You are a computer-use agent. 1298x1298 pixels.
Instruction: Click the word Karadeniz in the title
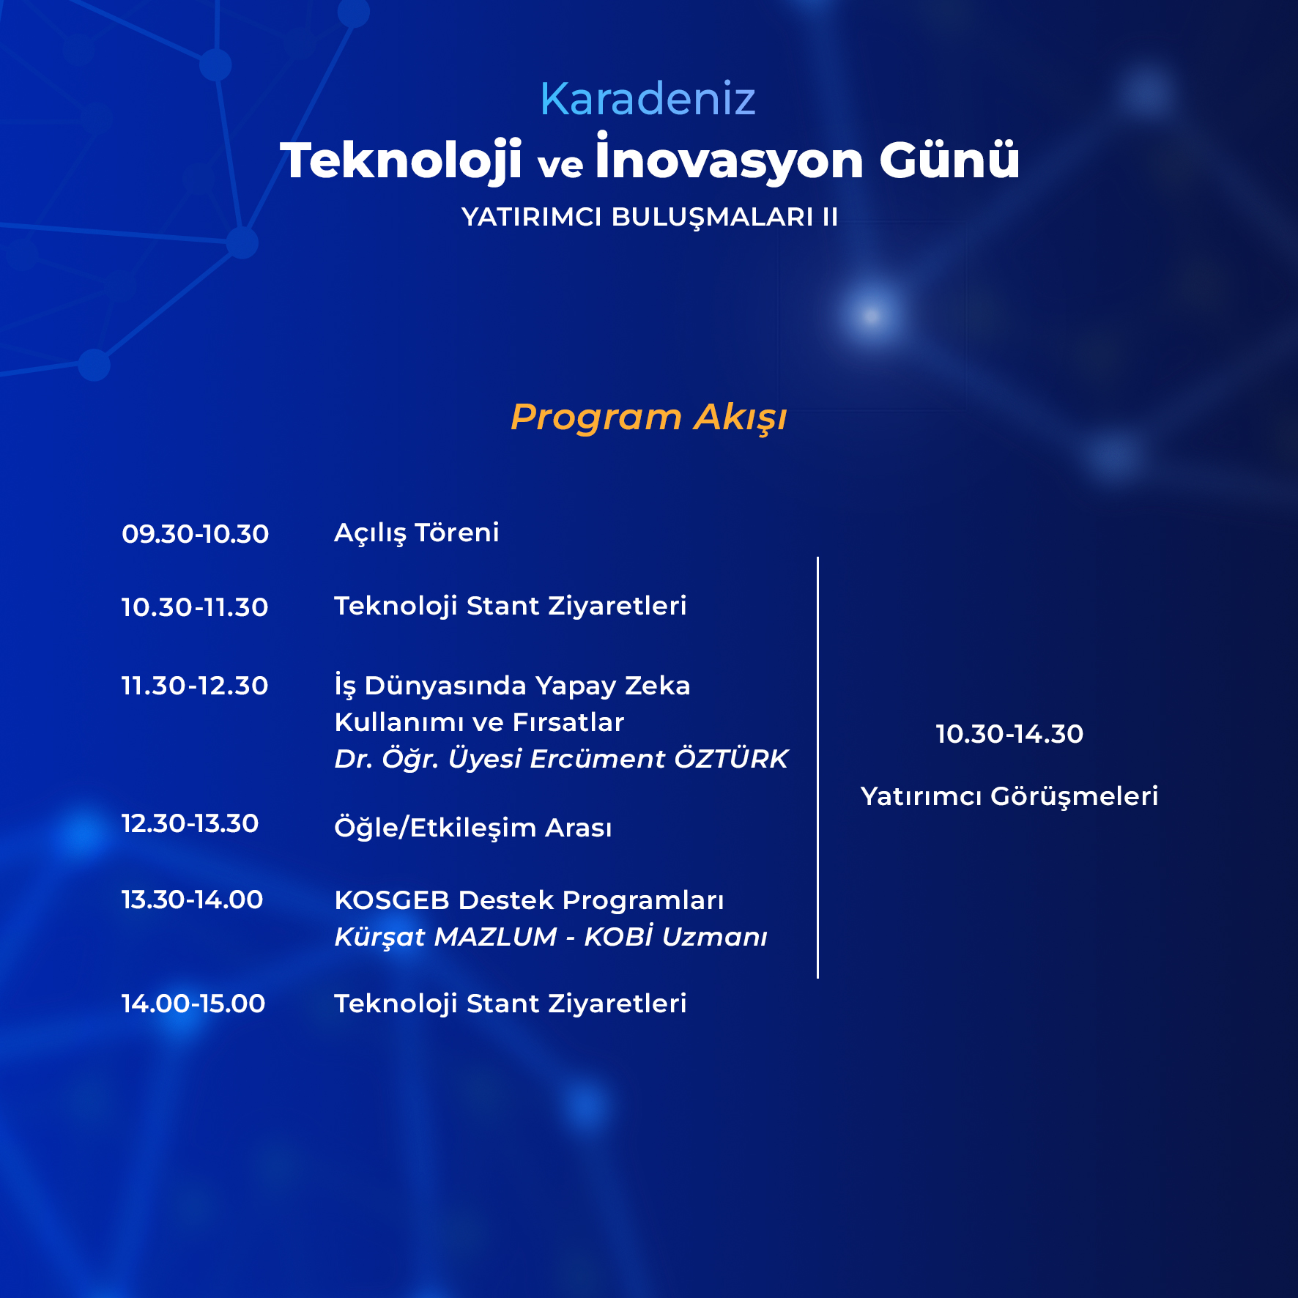pos(648,98)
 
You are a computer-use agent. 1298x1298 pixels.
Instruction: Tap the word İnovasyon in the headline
pos(730,157)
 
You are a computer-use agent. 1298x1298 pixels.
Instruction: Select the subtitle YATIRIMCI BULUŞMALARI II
pos(650,217)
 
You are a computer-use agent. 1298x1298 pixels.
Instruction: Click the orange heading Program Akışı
pos(648,418)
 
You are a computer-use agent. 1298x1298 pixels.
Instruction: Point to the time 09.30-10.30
pos(195,533)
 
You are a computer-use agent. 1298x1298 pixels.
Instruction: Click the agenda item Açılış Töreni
pos(416,533)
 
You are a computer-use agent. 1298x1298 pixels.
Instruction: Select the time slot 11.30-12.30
pos(194,686)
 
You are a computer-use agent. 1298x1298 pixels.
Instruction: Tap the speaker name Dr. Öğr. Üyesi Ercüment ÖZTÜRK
pos(561,759)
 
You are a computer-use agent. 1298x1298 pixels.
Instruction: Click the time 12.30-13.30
pos(190,823)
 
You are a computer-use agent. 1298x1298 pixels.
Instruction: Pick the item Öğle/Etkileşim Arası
pos(473,827)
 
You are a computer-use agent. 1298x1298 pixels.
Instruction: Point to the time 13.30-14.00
pos(192,900)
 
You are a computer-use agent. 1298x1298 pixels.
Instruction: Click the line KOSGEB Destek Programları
pos(529,900)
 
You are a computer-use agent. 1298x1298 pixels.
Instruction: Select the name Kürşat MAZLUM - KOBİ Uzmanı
pos(551,936)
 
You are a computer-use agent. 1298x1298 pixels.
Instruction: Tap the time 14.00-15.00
pos(193,1004)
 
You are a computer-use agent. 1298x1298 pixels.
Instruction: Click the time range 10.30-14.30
pos(1009,734)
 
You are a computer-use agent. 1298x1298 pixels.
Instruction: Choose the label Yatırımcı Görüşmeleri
pos(1009,796)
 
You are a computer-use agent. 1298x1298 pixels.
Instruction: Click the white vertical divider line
pos(817,767)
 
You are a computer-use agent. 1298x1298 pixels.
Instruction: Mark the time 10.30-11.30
pos(194,607)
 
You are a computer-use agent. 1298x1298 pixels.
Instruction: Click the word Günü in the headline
pos(949,159)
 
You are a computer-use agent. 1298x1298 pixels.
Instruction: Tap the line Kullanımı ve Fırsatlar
pos(479,722)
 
